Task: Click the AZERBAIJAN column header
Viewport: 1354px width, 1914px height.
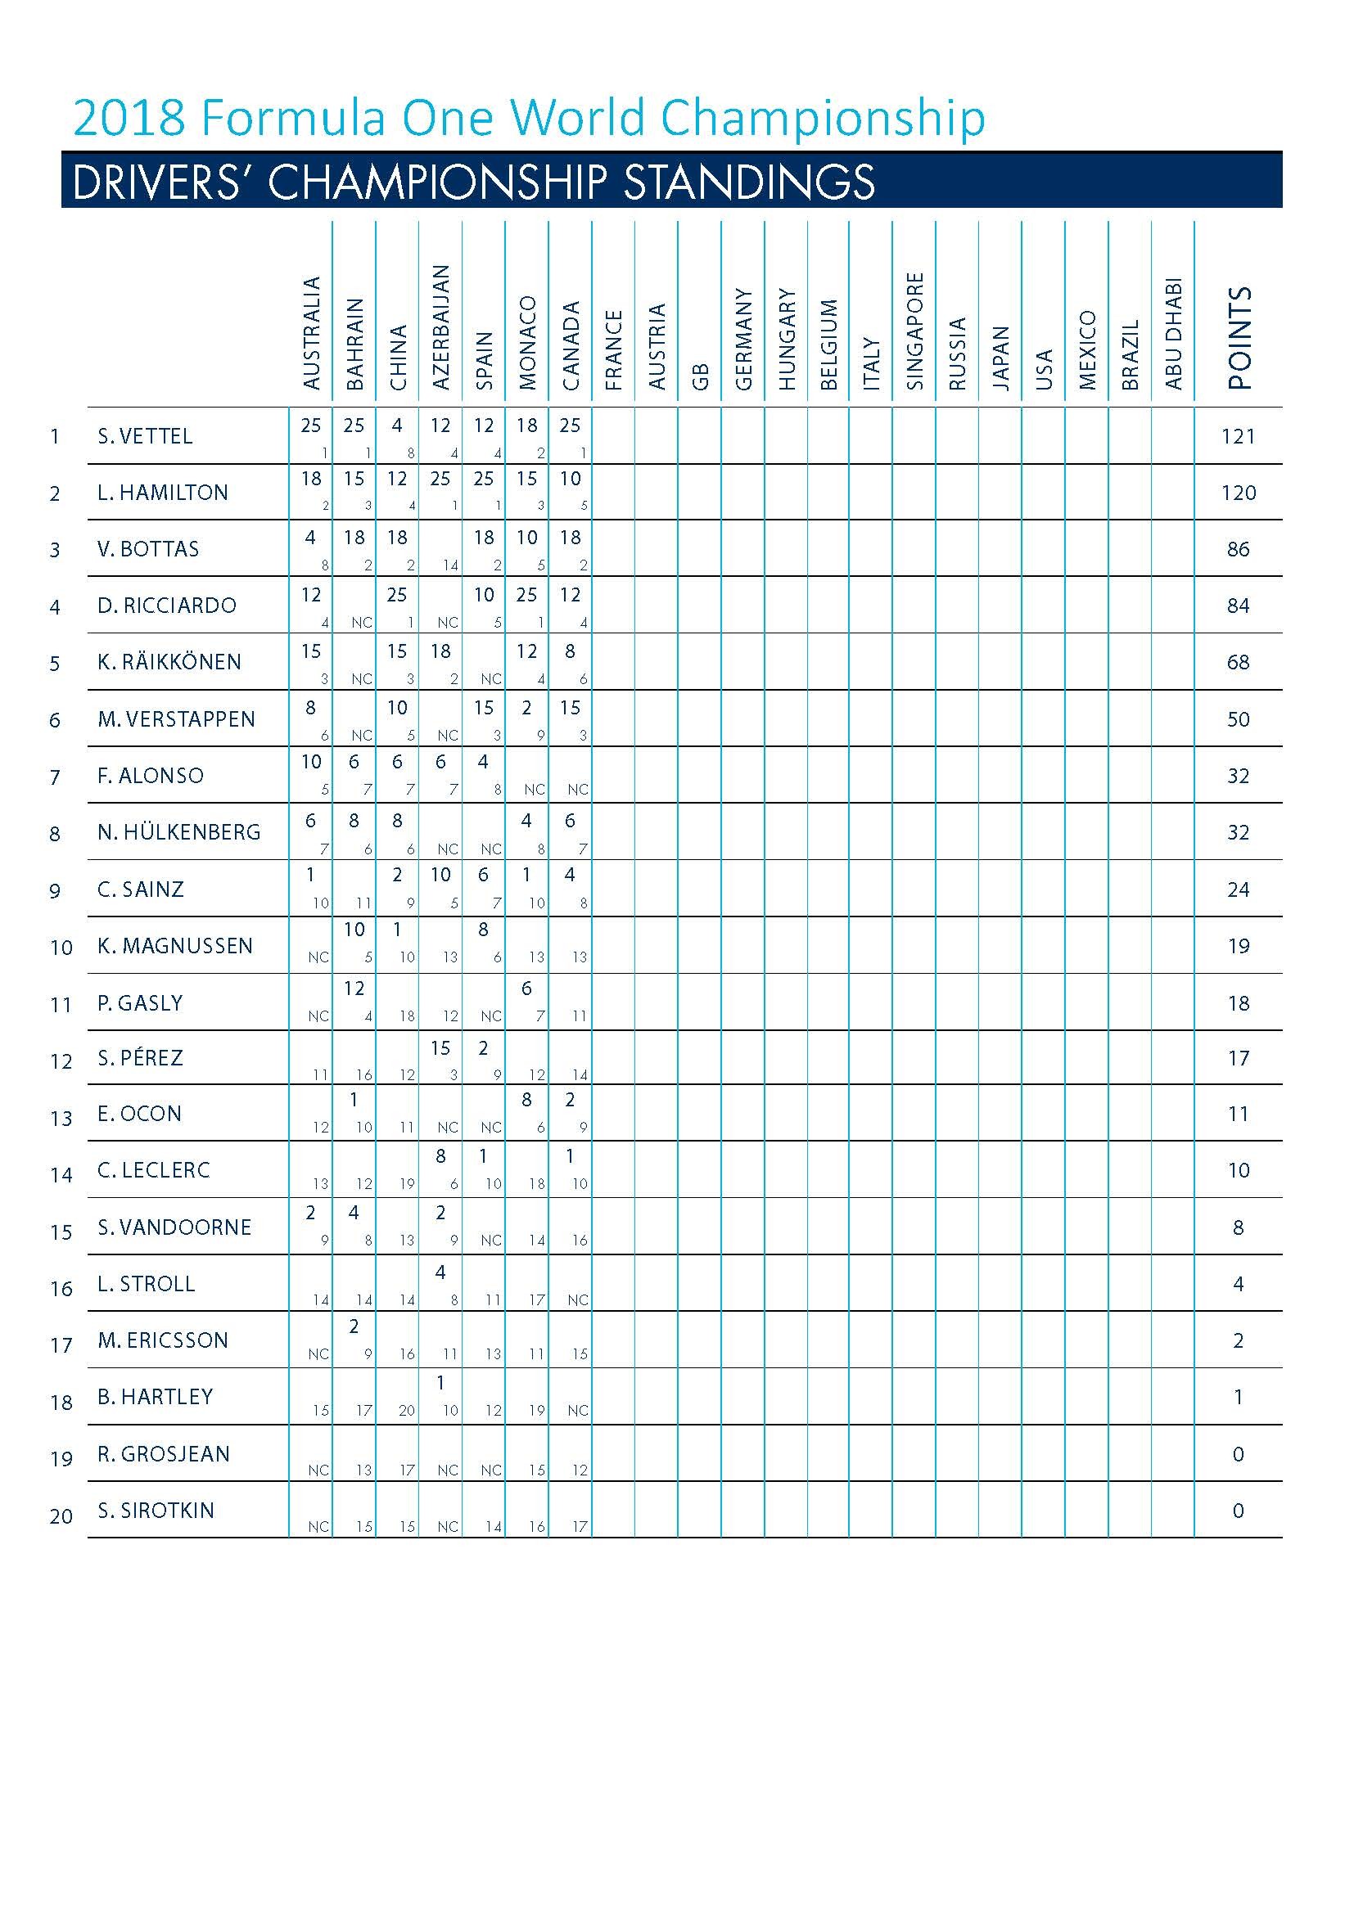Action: (441, 327)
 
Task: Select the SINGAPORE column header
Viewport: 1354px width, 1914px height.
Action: (915, 331)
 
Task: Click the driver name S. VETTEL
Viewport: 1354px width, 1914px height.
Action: (145, 436)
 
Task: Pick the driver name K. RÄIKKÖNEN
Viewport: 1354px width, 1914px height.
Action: (169, 662)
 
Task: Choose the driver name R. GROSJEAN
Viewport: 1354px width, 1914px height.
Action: (164, 1454)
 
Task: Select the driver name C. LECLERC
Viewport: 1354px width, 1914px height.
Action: (153, 1170)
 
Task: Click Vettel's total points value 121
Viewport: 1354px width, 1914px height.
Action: (1238, 436)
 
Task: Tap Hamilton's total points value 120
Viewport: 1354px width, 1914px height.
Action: (1238, 493)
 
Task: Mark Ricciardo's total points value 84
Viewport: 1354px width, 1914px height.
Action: (1238, 606)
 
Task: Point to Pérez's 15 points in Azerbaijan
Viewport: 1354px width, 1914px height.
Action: (440, 1048)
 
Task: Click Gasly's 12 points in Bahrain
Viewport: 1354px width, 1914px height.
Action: (354, 989)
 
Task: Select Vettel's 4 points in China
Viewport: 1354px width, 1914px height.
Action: (397, 426)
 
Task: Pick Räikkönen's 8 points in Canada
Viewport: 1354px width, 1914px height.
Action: (570, 651)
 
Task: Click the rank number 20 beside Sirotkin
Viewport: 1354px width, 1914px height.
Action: (61, 1516)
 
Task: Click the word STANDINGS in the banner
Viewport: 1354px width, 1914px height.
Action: (750, 182)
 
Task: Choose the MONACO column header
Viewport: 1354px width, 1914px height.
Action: (528, 343)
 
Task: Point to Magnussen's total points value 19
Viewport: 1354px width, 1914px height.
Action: (1238, 946)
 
